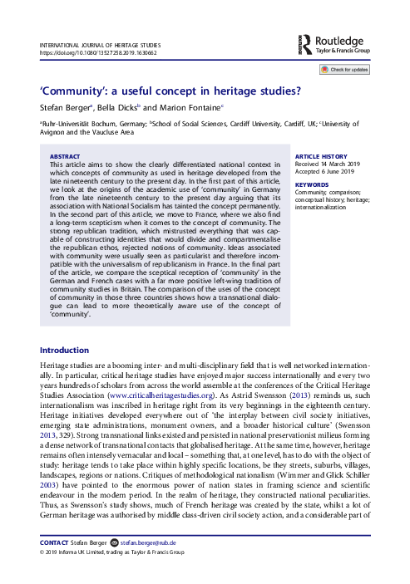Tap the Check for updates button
coord(345,69)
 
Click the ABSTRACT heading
coord(66,156)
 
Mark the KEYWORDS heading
coord(313,184)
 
